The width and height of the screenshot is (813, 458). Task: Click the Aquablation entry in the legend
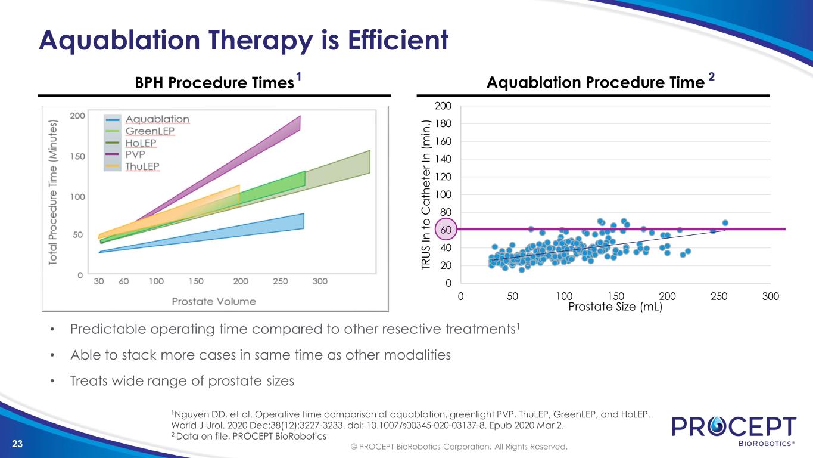[157, 119]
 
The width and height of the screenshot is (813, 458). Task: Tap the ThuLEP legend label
[142, 167]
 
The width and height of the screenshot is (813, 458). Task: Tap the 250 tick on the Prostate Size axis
[719, 296]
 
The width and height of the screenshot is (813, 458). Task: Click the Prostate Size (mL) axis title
[615, 307]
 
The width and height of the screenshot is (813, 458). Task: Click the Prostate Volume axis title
[214, 301]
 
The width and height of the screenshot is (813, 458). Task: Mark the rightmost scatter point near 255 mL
[725, 223]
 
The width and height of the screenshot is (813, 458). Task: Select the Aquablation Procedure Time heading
[596, 83]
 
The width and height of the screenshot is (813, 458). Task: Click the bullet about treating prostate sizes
[182, 380]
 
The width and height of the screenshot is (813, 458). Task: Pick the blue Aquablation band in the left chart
[238, 230]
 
